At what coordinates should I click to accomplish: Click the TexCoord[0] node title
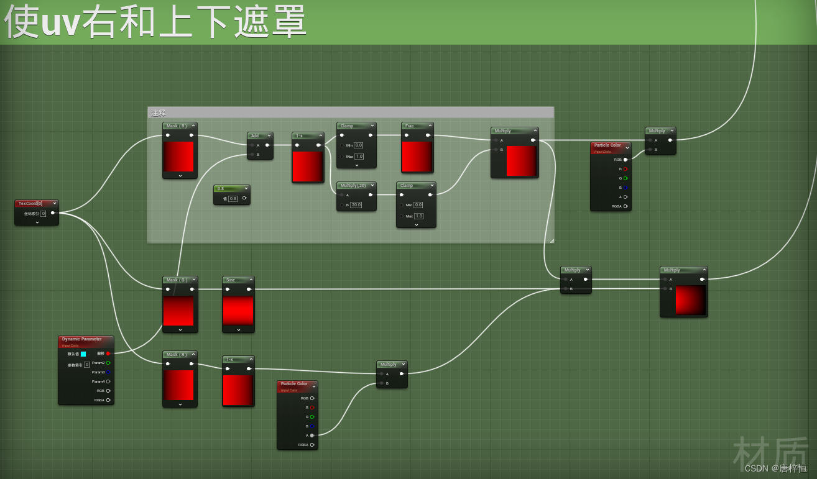(x=30, y=203)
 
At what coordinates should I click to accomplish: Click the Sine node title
(x=231, y=280)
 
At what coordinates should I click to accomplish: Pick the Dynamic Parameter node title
(x=81, y=339)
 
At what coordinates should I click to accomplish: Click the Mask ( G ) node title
(x=177, y=280)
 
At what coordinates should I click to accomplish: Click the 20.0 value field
(x=356, y=204)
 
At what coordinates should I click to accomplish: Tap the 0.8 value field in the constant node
(x=233, y=199)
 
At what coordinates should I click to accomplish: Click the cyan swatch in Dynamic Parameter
(x=83, y=354)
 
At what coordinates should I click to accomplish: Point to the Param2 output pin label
(x=98, y=363)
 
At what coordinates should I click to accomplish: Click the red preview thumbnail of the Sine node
(x=238, y=310)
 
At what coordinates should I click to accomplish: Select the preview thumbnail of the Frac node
(x=417, y=156)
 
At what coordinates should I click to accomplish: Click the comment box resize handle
(x=551, y=240)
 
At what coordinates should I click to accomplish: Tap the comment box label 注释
(x=159, y=113)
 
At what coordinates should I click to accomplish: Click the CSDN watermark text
(x=775, y=468)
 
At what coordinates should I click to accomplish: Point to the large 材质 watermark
(x=772, y=450)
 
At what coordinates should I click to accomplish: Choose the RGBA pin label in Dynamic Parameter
(x=99, y=400)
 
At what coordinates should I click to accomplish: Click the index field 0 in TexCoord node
(x=44, y=213)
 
